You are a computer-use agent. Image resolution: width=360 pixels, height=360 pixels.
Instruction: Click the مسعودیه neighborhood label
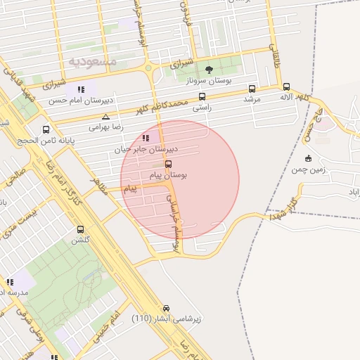[x=93, y=62]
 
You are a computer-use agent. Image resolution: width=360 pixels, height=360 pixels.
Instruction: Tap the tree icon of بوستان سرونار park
[x=209, y=69]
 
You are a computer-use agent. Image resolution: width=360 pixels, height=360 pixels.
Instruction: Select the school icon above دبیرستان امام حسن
[x=82, y=89]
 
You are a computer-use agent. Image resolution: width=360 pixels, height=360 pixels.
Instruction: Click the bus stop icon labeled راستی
[x=202, y=97]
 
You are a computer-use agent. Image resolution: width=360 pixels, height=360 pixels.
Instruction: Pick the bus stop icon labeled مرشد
[x=252, y=89]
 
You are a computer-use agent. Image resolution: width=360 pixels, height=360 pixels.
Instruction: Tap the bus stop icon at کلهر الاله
[x=286, y=87]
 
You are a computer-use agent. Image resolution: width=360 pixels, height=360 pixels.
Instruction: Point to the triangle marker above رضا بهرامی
[x=105, y=117]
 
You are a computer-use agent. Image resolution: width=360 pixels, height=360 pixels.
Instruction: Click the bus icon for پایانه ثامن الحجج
[x=46, y=129]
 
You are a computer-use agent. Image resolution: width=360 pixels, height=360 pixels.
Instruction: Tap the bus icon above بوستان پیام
[x=167, y=163]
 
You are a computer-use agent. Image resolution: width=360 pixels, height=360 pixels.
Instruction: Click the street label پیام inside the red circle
[x=131, y=189]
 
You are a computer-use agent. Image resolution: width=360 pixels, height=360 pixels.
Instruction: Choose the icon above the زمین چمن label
[x=308, y=157]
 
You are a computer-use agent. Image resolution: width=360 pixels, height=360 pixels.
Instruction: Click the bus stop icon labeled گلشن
[x=80, y=229]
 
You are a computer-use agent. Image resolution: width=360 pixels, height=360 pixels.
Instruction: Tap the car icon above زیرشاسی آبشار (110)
[x=166, y=308]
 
